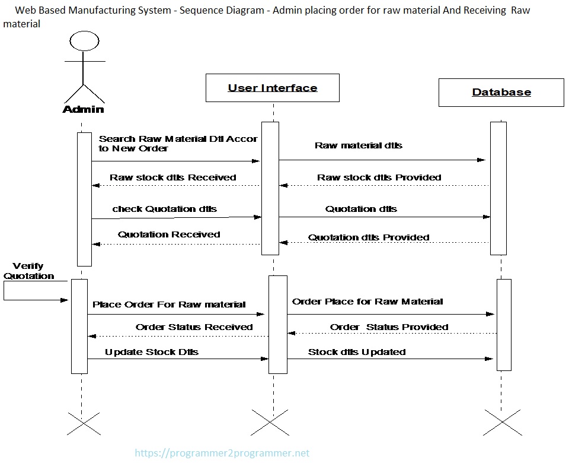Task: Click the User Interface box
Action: coord(273,88)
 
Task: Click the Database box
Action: coord(501,92)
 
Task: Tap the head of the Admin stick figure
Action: coord(82,41)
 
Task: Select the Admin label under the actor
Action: coord(83,109)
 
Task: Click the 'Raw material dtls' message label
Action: coord(358,145)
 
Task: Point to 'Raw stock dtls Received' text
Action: coord(172,177)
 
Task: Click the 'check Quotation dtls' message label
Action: coord(164,209)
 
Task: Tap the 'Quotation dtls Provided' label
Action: coord(368,237)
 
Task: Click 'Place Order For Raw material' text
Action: coord(169,305)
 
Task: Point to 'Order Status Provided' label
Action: coord(389,327)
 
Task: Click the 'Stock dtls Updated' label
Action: coord(357,352)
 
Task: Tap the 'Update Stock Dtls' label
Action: coord(152,352)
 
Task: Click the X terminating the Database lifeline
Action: coord(502,423)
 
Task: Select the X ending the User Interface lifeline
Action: coord(270,423)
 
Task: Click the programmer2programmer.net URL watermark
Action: coord(222,453)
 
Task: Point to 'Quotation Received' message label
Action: coord(169,234)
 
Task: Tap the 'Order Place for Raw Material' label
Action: coord(367,302)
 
